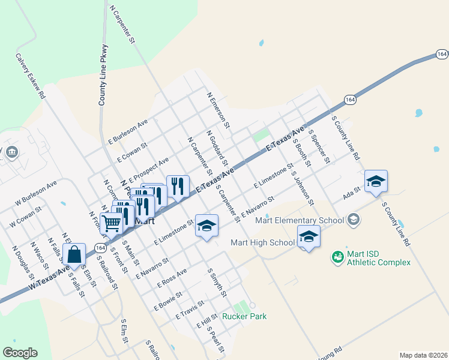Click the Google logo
click(20, 353)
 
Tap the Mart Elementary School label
click(300, 220)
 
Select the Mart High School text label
click(263, 243)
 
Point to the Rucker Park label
click(244, 316)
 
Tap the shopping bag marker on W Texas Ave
click(74, 254)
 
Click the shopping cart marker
click(112, 223)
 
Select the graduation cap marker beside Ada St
click(376, 182)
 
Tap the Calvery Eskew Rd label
click(31, 75)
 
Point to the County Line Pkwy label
click(103, 76)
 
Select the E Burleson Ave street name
click(128, 131)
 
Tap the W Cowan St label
click(25, 217)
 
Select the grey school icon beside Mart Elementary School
click(354, 220)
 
